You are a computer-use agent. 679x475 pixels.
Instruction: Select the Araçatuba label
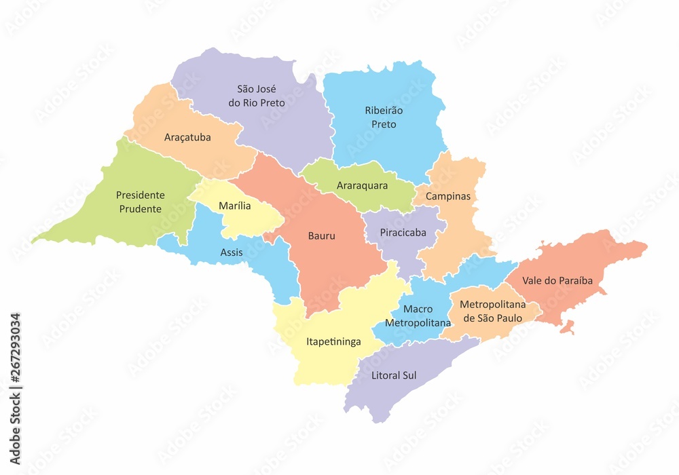pos(187,137)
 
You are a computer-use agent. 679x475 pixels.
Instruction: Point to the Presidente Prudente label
pos(141,202)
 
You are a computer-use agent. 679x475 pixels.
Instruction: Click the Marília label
pos(234,206)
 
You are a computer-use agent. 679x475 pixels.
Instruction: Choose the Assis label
pos(232,252)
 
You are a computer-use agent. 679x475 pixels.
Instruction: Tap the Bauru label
pos(322,236)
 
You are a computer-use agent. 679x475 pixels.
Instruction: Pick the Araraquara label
pos(362,185)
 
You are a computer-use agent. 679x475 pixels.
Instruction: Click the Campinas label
pos(447,196)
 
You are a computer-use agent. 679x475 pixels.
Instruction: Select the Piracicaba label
pos(403,232)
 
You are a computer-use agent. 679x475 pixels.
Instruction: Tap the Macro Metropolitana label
pos(418,316)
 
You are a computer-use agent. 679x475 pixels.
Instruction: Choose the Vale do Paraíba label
pos(557,280)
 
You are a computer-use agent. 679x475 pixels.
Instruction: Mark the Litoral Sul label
pos(394,375)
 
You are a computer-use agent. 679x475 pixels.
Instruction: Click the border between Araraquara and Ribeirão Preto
pos(367,161)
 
